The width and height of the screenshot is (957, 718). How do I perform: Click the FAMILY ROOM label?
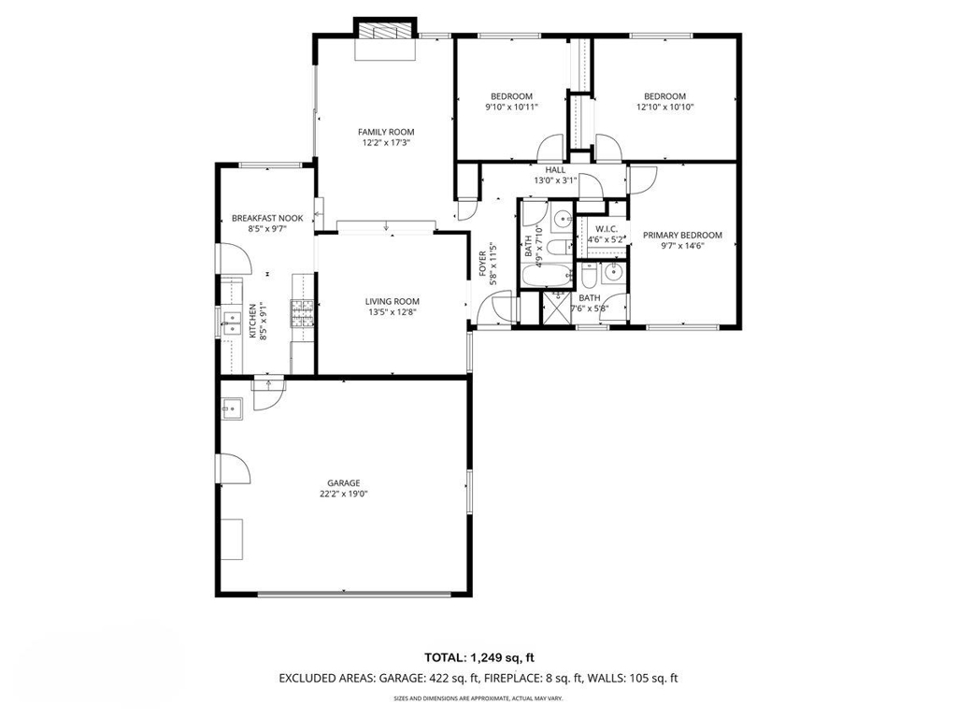click(386, 132)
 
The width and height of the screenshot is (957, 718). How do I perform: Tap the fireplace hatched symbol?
click(386, 33)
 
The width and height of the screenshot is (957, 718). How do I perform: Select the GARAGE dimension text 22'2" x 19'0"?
click(344, 494)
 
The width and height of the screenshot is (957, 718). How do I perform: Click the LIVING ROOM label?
click(392, 302)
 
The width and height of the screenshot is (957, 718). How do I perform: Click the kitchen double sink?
click(232, 323)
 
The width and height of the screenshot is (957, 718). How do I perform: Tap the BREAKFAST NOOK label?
click(267, 219)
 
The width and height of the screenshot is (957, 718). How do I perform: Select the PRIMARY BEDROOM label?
click(682, 235)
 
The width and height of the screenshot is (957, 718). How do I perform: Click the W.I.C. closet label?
click(607, 229)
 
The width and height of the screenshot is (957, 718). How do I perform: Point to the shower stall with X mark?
click(556, 307)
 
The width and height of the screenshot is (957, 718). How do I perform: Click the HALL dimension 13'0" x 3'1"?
click(555, 180)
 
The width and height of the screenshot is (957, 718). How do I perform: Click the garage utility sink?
click(232, 409)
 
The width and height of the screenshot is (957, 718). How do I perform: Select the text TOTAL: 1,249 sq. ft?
click(479, 657)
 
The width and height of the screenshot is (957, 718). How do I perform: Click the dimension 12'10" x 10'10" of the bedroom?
click(664, 107)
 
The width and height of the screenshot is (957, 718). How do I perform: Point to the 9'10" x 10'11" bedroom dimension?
click(511, 107)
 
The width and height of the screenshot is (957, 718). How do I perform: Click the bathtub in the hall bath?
click(547, 276)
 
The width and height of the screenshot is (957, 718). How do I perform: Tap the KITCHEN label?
click(252, 321)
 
